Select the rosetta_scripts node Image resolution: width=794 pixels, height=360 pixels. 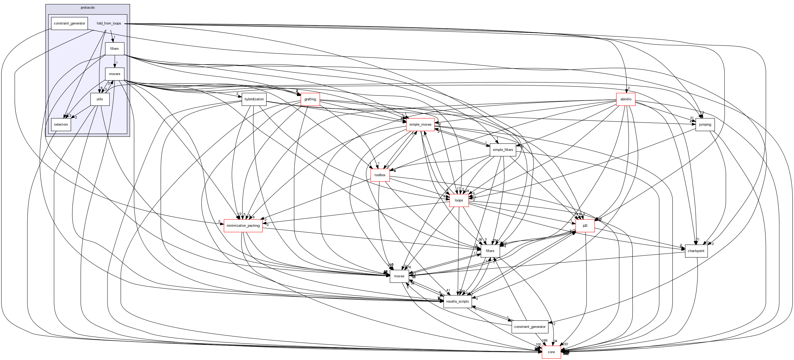click(457, 302)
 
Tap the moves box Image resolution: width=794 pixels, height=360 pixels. click(399, 276)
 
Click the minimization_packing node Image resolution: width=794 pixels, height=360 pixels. click(243, 226)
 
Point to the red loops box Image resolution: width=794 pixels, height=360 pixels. click(459, 200)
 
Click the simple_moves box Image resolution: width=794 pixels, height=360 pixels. click(420, 125)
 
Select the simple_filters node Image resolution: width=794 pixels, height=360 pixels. click(503, 150)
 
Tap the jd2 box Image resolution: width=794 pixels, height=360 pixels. click(585, 226)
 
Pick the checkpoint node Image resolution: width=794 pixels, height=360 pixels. click(696, 251)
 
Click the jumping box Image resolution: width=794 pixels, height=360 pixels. click(705, 125)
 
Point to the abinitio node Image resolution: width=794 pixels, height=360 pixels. click(626, 99)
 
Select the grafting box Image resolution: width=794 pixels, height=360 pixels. click(310, 99)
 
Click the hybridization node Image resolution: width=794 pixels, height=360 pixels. click(254, 99)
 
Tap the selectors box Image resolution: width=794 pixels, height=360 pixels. click(61, 125)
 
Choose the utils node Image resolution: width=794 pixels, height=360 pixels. click(100, 99)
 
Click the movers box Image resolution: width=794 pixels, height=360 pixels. click(114, 74)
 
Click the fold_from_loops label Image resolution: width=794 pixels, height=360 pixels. click(109, 23)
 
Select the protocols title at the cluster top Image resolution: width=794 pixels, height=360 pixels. click(88, 8)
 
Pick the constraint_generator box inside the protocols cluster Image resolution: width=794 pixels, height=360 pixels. click(69, 23)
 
